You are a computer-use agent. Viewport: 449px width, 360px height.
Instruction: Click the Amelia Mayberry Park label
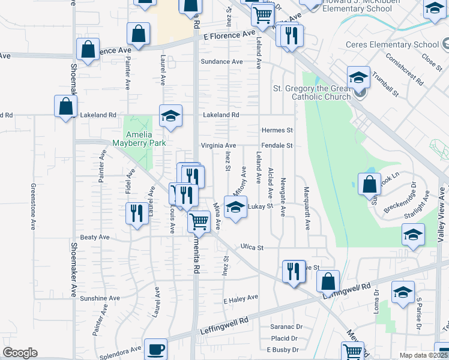click(137, 139)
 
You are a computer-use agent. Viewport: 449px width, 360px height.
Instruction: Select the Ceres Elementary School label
click(392, 45)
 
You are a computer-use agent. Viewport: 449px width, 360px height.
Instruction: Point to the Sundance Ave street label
click(221, 62)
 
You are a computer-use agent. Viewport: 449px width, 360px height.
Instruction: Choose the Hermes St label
click(277, 130)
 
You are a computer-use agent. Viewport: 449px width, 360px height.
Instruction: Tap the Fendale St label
click(277, 146)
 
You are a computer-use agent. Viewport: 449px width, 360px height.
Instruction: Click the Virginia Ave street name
click(218, 146)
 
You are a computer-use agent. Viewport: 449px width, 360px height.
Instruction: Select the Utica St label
click(253, 247)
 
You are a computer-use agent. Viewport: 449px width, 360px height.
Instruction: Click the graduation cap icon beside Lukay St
click(235, 208)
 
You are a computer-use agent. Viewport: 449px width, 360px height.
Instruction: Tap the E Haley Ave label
click(240, 297)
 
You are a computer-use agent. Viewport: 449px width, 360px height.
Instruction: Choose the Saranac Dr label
click(286, 327)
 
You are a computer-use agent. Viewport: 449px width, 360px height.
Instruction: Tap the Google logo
click(20, 353)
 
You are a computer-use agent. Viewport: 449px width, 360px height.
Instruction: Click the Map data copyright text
click(423, 355)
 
